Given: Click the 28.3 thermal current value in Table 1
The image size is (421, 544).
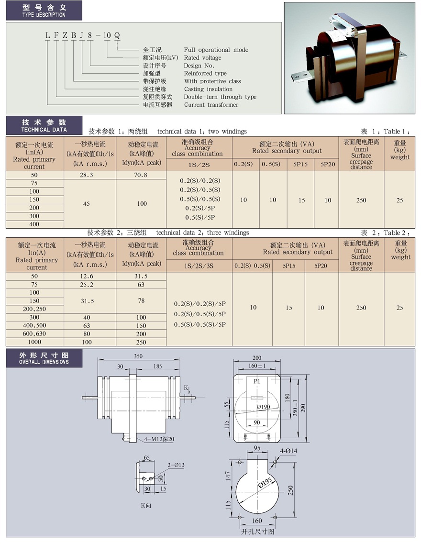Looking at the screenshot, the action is point(86,175).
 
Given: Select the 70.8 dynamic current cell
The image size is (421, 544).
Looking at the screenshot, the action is point(141,175).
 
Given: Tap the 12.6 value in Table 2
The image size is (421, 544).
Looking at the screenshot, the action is point(87,276).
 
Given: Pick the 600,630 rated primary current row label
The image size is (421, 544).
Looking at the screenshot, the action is point(34,333).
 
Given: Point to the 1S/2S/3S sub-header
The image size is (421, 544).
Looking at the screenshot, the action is point(199,266).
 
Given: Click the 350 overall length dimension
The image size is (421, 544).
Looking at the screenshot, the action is point(138,356).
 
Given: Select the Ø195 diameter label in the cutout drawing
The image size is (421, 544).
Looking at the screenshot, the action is point(266,482).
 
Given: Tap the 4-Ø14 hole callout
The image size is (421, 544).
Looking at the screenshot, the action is point(288,451).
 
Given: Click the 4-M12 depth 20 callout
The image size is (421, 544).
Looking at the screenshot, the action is point(159,439).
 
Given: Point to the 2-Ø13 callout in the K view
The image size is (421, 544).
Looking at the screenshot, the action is point(176,465).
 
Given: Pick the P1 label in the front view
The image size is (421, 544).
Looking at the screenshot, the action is point(256,381).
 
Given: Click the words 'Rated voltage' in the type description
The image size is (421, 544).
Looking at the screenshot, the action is point(202,57).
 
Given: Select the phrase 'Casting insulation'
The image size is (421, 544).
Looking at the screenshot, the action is point(208,89).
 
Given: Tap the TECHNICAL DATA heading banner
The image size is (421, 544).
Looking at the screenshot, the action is point(44,125).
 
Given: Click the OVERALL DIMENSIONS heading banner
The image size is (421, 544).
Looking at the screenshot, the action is point(44,358).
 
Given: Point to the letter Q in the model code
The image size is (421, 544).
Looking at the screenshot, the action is point(117,35).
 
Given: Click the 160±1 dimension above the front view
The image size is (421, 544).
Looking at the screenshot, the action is point(257,366).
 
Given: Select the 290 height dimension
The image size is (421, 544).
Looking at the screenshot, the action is point(303,408).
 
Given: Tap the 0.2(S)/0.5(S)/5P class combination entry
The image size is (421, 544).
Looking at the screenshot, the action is point(200,314).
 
